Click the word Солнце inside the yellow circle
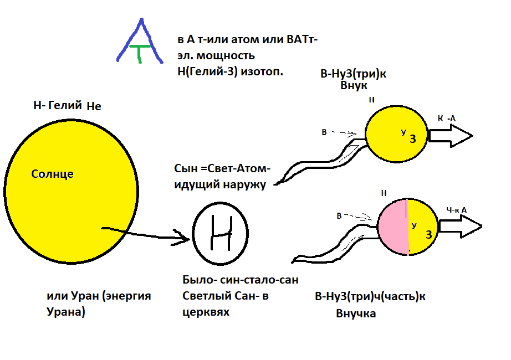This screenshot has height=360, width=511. click(x=53, y=174)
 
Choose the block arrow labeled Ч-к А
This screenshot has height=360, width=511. click(x=459, y=226)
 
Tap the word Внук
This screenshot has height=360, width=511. click(x=354, y=86)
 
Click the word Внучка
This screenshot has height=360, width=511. click(x=356, y=313)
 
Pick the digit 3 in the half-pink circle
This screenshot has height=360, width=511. click(x=428, y=235)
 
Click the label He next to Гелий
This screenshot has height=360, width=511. click(x=94, y=106)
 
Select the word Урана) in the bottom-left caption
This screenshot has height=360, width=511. click(x=66, y=311)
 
